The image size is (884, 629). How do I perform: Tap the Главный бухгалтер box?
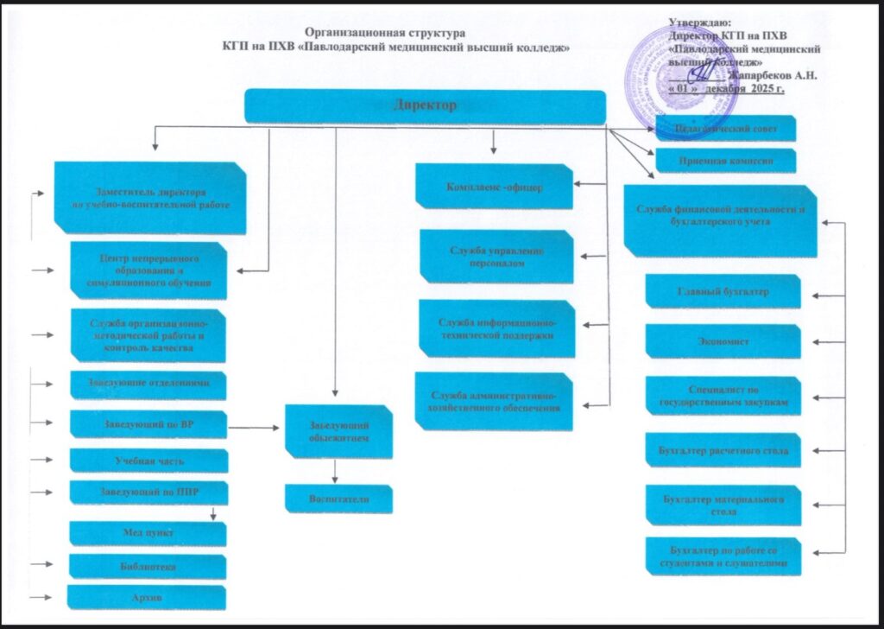[x=723, y=292]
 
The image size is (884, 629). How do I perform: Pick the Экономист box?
[x=723, y=340]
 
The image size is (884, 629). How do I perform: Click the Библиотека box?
[x=147, y=567]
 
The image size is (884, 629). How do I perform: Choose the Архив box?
[x=147, y=597]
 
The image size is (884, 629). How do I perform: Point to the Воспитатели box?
[x=339, y=499]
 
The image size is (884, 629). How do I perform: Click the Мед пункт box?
[x=148, y=534]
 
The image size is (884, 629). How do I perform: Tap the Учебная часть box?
[x=148, y=461]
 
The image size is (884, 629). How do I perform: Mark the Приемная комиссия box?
[x=725, y=161]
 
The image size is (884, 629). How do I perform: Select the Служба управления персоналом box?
[x=496, y=257]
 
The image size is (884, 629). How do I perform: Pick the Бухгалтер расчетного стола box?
[x=723, y=450]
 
